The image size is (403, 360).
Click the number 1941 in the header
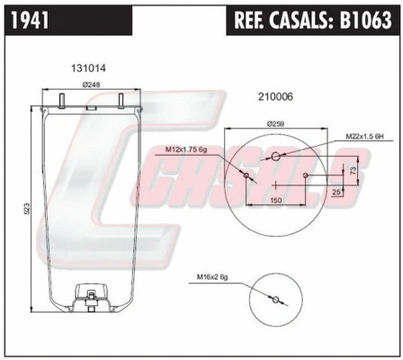[33, 16]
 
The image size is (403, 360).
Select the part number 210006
[275, 96]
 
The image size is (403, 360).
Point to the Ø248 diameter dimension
[90, 85]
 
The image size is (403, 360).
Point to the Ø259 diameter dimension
[278, 123]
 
